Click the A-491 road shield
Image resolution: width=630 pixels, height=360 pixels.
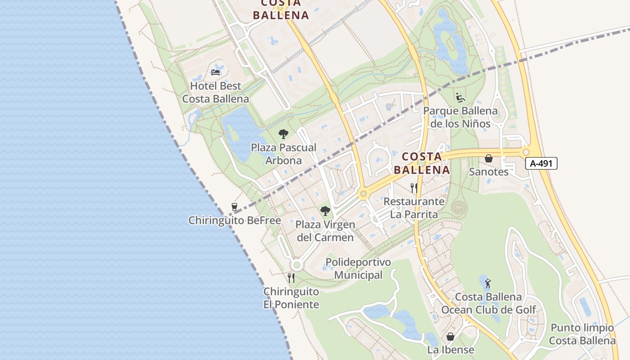pyautogui.click(x=541, y=163)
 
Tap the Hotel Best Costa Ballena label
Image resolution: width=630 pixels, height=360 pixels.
pyautogui.click(x=216, y=92)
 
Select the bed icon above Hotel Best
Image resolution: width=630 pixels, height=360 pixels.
pyautogui.click(x=216, y=72)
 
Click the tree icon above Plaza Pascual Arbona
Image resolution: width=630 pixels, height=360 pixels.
pyautogui.click(x=283, y=134)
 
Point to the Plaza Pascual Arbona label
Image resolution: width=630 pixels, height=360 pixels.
pyautogui.click(x=283, y=154)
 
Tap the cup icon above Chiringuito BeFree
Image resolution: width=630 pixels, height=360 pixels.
pyautogui.click(x=234, y=207)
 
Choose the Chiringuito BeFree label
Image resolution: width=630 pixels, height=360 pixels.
pyautogui.click(x=234, y=220)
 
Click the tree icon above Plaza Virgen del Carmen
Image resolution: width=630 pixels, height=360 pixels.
pyautogui.click(x=325, y=211)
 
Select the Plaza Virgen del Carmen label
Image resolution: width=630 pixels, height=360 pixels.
pyautogui.click(x=325, y=231)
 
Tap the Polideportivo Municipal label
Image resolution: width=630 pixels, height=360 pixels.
pyautogui.click(x=358, y=269)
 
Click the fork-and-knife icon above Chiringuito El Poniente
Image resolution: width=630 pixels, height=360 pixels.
pyautogui.click(x=291, y=278)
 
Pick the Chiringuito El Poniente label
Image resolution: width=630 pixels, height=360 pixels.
pyautogui.click(x=291, y=298)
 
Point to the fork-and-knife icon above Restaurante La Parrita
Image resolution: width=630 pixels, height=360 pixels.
pyautogui.click(x=414, y=188)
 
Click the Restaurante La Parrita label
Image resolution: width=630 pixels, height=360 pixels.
pyautogui.click(x=414, y=208)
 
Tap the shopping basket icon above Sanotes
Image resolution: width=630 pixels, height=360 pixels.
pyautogui.click(x=488, y=158)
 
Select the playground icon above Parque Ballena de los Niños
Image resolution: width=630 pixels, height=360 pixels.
pyautogui.click(x=460, y=97)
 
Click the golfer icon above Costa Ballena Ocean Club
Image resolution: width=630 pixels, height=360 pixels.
pyautogui.click(x=488, y=283)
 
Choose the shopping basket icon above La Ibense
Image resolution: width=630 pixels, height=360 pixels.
pyautogui.click(x=450, y=337)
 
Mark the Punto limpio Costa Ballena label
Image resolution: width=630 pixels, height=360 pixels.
pyautogui.click(x=582, y=334)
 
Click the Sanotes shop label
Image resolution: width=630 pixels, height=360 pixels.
pyautogui.click(x=489, y=172)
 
